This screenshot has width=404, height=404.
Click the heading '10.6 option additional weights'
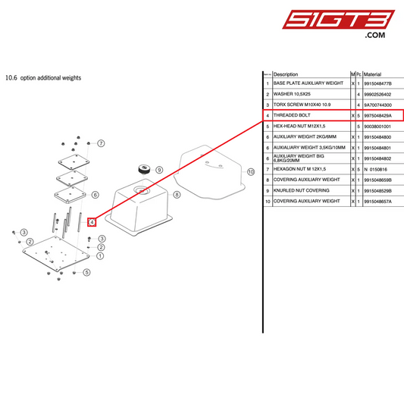tap(43, 77)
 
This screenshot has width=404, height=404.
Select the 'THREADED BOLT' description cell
tap(292, 115)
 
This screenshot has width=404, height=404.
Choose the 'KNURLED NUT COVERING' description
tap(302, 190)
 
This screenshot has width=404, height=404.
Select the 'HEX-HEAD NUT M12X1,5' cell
tap(299, 126)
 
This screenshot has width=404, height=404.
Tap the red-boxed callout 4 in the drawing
tap(92, 222)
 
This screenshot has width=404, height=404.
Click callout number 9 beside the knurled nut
tap(158, 171)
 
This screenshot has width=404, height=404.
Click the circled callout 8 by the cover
tap(177, 194)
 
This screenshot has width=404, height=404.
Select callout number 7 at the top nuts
tap(101, 143)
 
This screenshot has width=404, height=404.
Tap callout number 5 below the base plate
tap(87, 272)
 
